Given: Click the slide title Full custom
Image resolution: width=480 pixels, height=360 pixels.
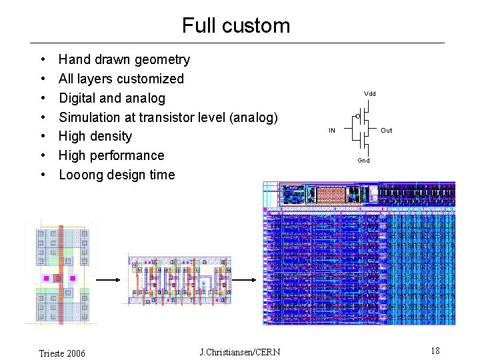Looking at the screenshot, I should (x=236, y=25).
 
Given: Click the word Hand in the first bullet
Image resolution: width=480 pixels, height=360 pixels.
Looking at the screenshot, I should (x=73, y=59).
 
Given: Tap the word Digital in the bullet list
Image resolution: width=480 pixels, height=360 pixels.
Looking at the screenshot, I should (x=78, y=98).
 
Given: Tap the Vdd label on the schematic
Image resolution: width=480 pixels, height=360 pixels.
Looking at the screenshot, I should (x=369, y=94).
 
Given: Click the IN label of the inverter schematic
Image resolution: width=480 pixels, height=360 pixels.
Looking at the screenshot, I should (x=331, y=131).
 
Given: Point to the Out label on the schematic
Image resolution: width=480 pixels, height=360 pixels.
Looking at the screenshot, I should (x=387, y=131).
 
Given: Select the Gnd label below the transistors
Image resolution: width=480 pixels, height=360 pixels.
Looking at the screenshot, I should (x=363, y=161).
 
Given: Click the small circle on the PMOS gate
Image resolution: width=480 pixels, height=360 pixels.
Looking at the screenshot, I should (x=357, y=117).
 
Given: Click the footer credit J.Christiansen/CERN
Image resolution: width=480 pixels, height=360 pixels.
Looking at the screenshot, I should (x=240, y=352).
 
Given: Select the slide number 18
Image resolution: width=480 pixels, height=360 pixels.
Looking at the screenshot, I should (x=435, y=351).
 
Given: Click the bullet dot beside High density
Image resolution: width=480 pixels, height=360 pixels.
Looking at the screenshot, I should (x=43, y=137).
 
